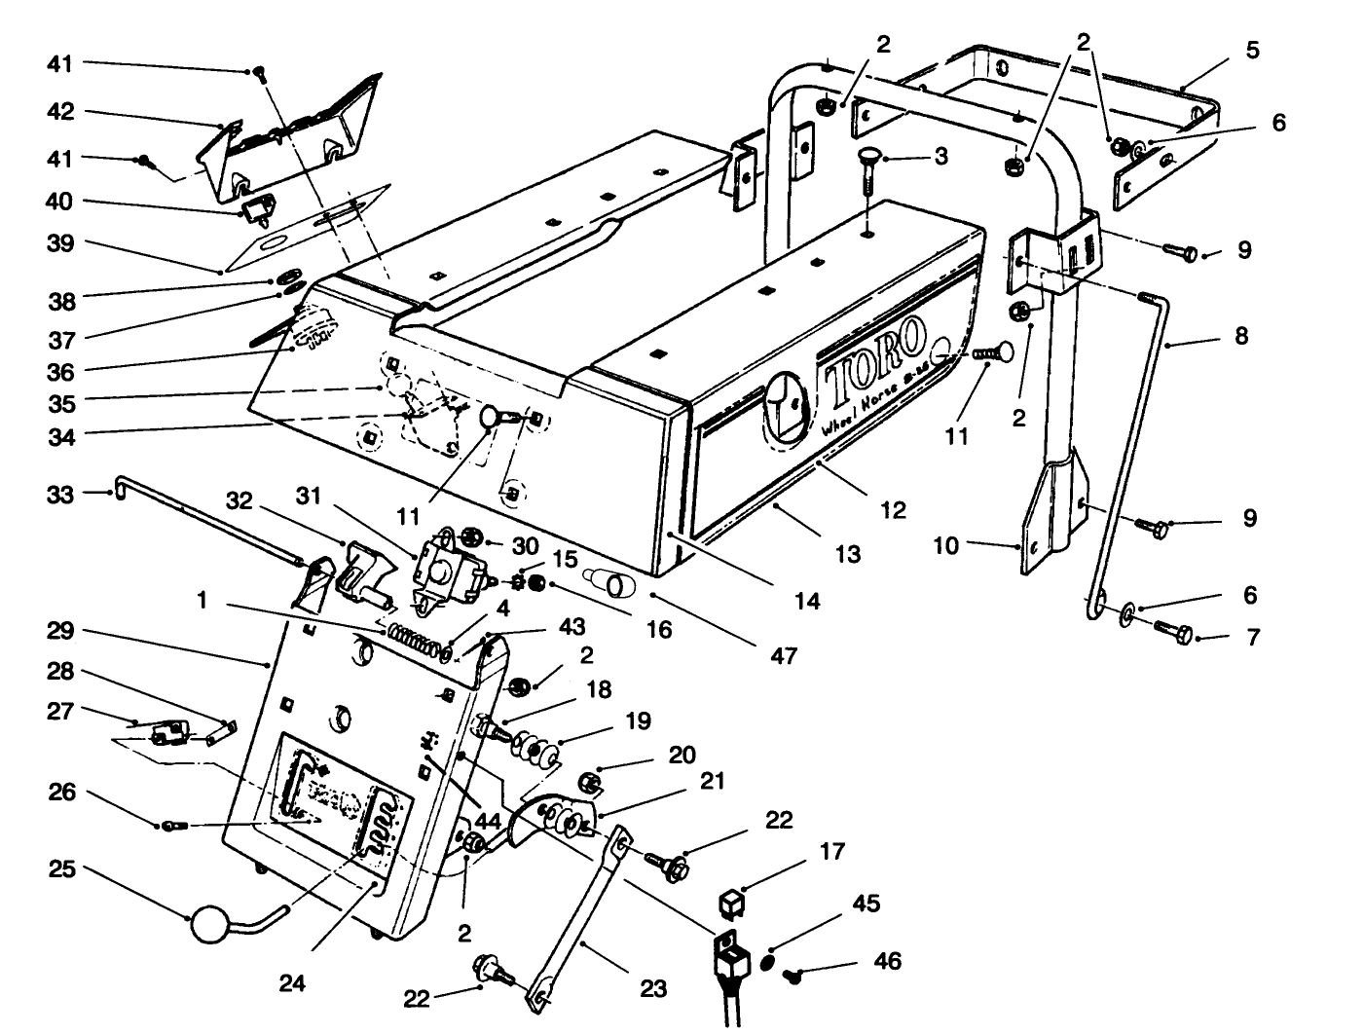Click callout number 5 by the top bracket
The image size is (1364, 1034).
(1252, 50)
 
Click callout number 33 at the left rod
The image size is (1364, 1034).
(60, 495)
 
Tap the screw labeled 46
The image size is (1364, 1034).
(795, 975)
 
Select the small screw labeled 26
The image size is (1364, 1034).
(173, 826)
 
